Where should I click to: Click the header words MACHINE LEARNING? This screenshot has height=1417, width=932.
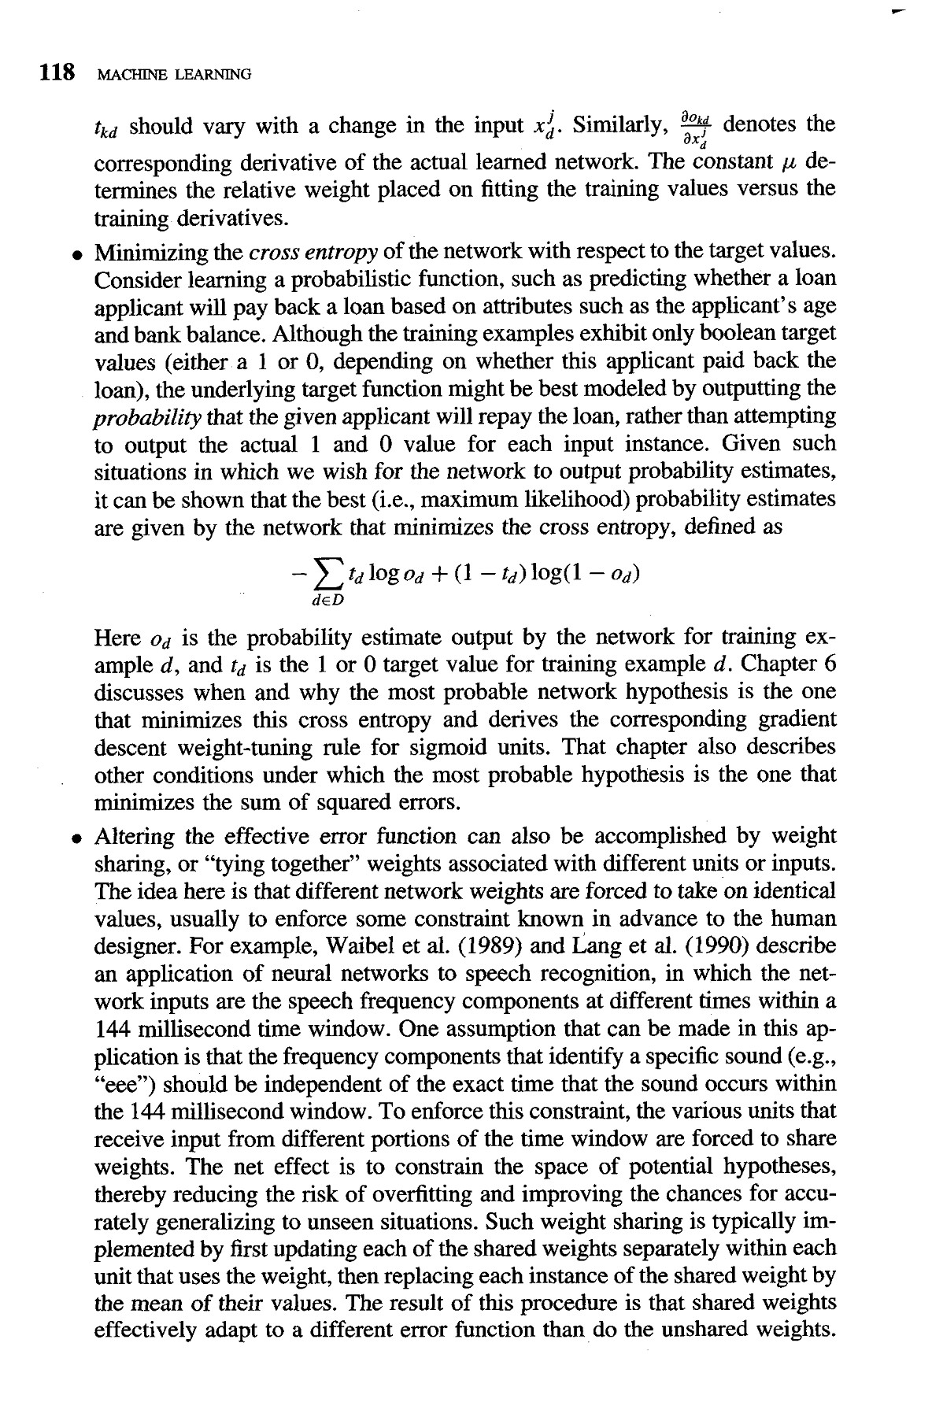[x=172, y=76]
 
